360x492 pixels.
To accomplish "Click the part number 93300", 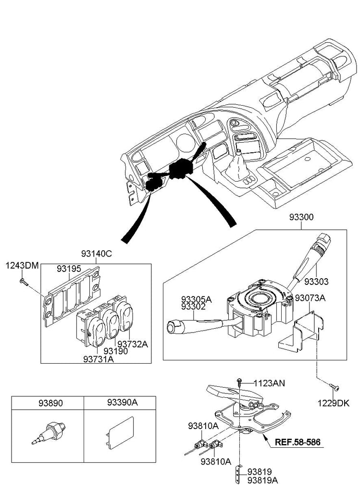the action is click(301, 217).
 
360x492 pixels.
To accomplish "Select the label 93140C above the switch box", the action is click(96, 254).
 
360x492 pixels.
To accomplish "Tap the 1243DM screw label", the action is click(22, 266).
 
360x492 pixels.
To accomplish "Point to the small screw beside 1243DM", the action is click(24, 282).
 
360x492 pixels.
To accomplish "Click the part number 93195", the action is click(69, 269).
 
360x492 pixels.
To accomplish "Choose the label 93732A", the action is click(135, 344).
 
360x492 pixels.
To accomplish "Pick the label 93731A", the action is click(99, 358).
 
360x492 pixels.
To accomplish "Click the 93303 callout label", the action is click(316, 282).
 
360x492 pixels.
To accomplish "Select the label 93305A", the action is click(196, 299).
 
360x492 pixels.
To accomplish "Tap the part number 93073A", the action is click(310, 298).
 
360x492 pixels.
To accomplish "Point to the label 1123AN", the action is click(269, 383).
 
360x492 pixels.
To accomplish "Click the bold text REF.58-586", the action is click(298, 442).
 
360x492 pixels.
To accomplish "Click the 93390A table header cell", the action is click(120, 403).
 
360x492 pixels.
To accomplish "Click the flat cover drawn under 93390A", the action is click(120, 432).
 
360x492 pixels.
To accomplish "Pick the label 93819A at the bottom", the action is click(262, 480).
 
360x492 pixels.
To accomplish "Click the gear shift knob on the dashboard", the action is click(239, 153).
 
